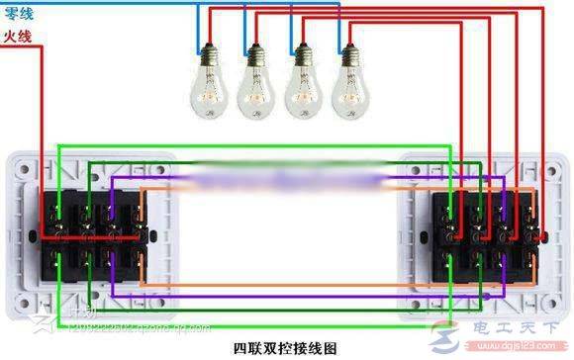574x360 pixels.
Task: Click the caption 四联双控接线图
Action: click(x=285, y=348)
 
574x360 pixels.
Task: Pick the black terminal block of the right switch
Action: click(x=487, y=235)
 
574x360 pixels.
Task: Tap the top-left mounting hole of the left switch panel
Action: click(x=21, y=164)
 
